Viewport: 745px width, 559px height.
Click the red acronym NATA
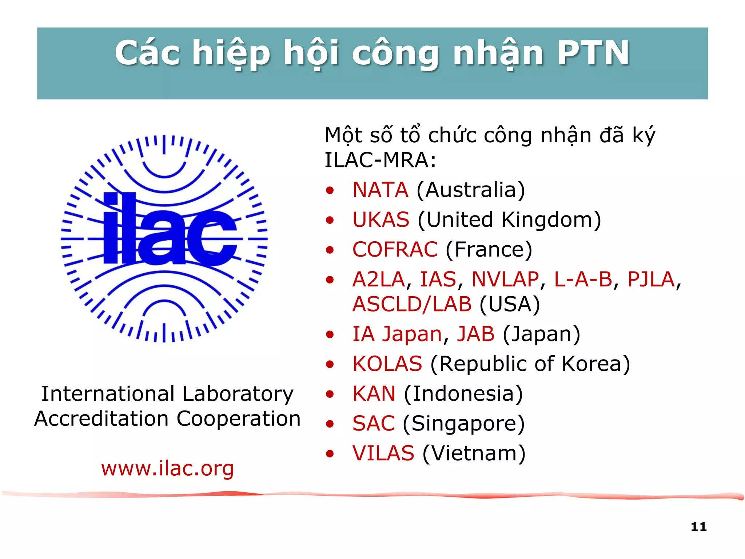[380, 190]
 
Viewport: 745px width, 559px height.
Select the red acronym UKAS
[381, 220]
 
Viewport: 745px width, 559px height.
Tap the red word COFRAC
[395, 250]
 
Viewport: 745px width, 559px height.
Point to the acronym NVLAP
[505, 279]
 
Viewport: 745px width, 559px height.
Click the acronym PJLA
[651, 279]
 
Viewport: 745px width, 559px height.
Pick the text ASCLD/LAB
[412, 304]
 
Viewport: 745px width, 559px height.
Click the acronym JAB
[476, 334]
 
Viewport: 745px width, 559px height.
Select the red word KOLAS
[387, 364]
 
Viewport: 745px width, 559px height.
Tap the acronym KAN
[374, 394]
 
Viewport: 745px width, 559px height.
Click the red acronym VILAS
[383, 453]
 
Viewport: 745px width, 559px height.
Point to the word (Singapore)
[464, 424]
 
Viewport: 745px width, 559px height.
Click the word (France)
[489, 250]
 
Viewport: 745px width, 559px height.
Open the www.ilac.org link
[167, 469]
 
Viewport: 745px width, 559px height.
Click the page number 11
[698, 527]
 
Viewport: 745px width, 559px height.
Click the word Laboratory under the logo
[238, 394]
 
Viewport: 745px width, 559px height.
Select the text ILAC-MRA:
[380, 160]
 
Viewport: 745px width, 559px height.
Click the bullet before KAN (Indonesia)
[330, 394]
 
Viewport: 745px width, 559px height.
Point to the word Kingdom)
[551, 220]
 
